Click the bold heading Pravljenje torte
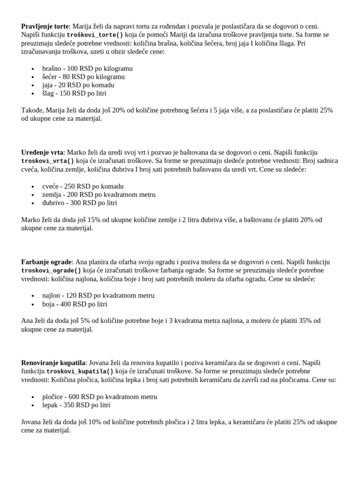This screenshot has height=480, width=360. tap(45, 26)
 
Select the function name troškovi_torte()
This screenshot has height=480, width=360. tap(95, 35)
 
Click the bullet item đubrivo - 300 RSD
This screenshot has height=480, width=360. tap(79, 203)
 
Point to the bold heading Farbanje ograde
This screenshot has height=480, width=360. tap(46, 262)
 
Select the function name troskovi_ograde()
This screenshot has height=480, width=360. tap(51, 270)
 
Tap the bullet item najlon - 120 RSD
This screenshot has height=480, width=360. tap(98, 295)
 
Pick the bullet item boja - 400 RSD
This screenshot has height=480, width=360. tap(75, 304)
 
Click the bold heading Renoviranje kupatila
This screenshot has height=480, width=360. tap(53, 362)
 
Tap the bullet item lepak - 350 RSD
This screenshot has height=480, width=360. tap(76, 405)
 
